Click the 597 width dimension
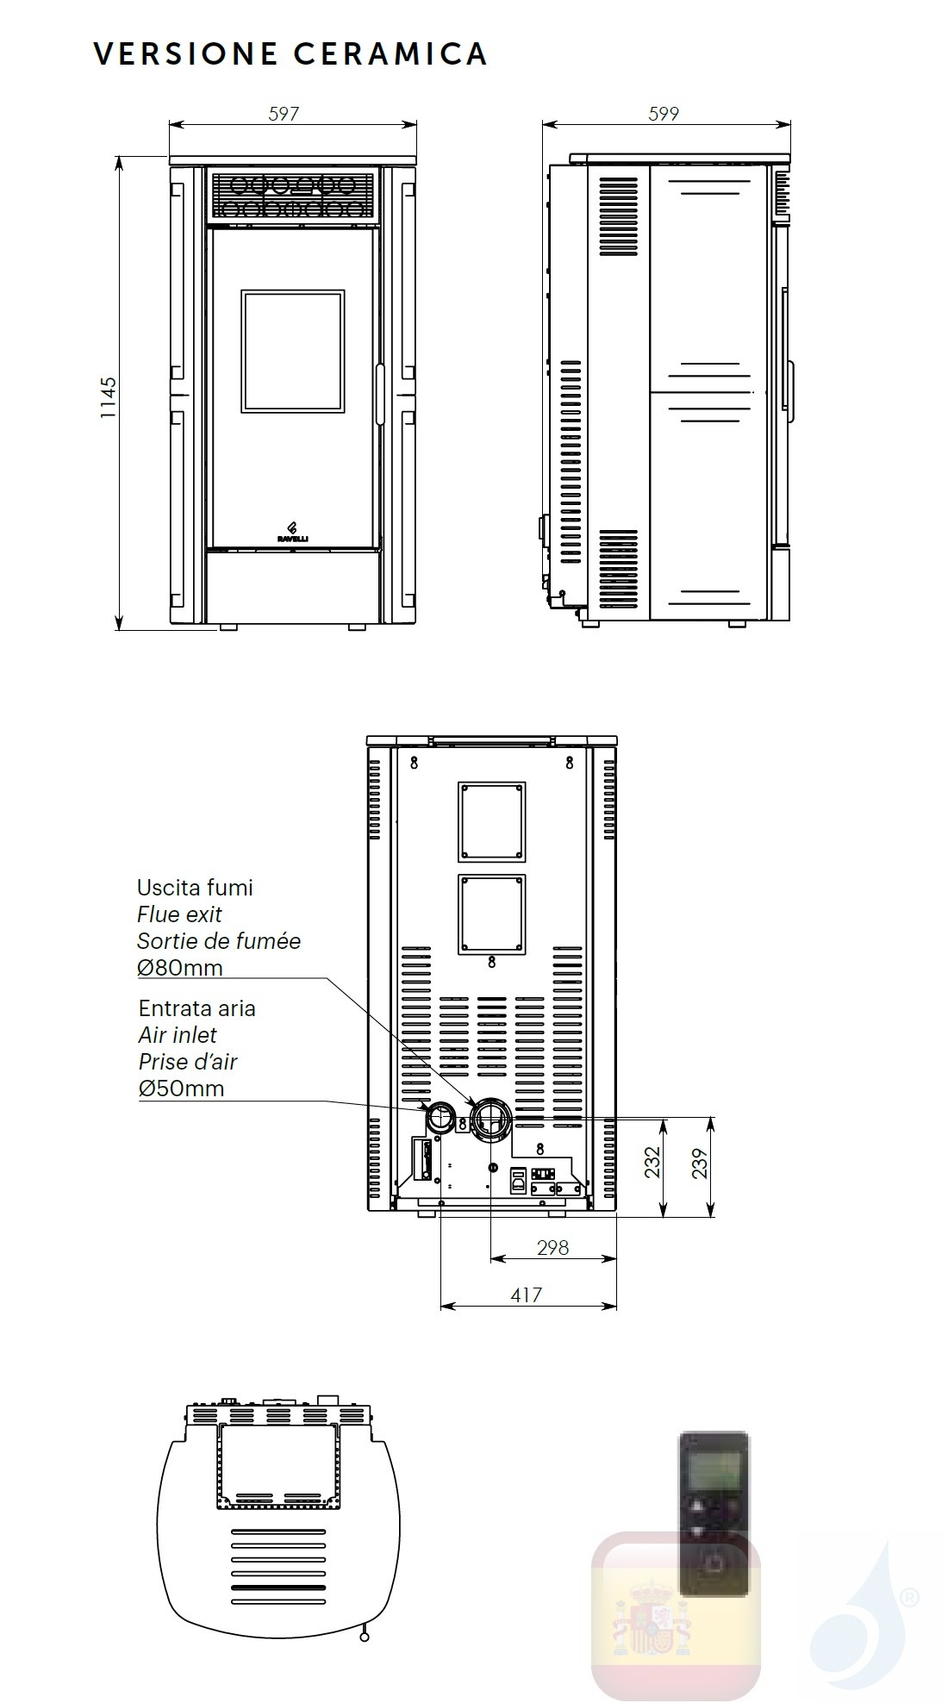[284, 113]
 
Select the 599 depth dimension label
[664, 113]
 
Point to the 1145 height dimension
[108, 397]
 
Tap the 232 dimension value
[652, 1161]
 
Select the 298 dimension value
[552, 1246]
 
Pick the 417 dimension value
[526, 1294]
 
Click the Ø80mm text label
[180, 967]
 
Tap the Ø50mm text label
[181, 1088]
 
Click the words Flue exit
[179, 914]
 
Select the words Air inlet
[178, 1034]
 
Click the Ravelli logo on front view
[292, 532]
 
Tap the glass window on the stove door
[293, 351]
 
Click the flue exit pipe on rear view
[491, 1120]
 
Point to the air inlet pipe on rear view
[441, 1118]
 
